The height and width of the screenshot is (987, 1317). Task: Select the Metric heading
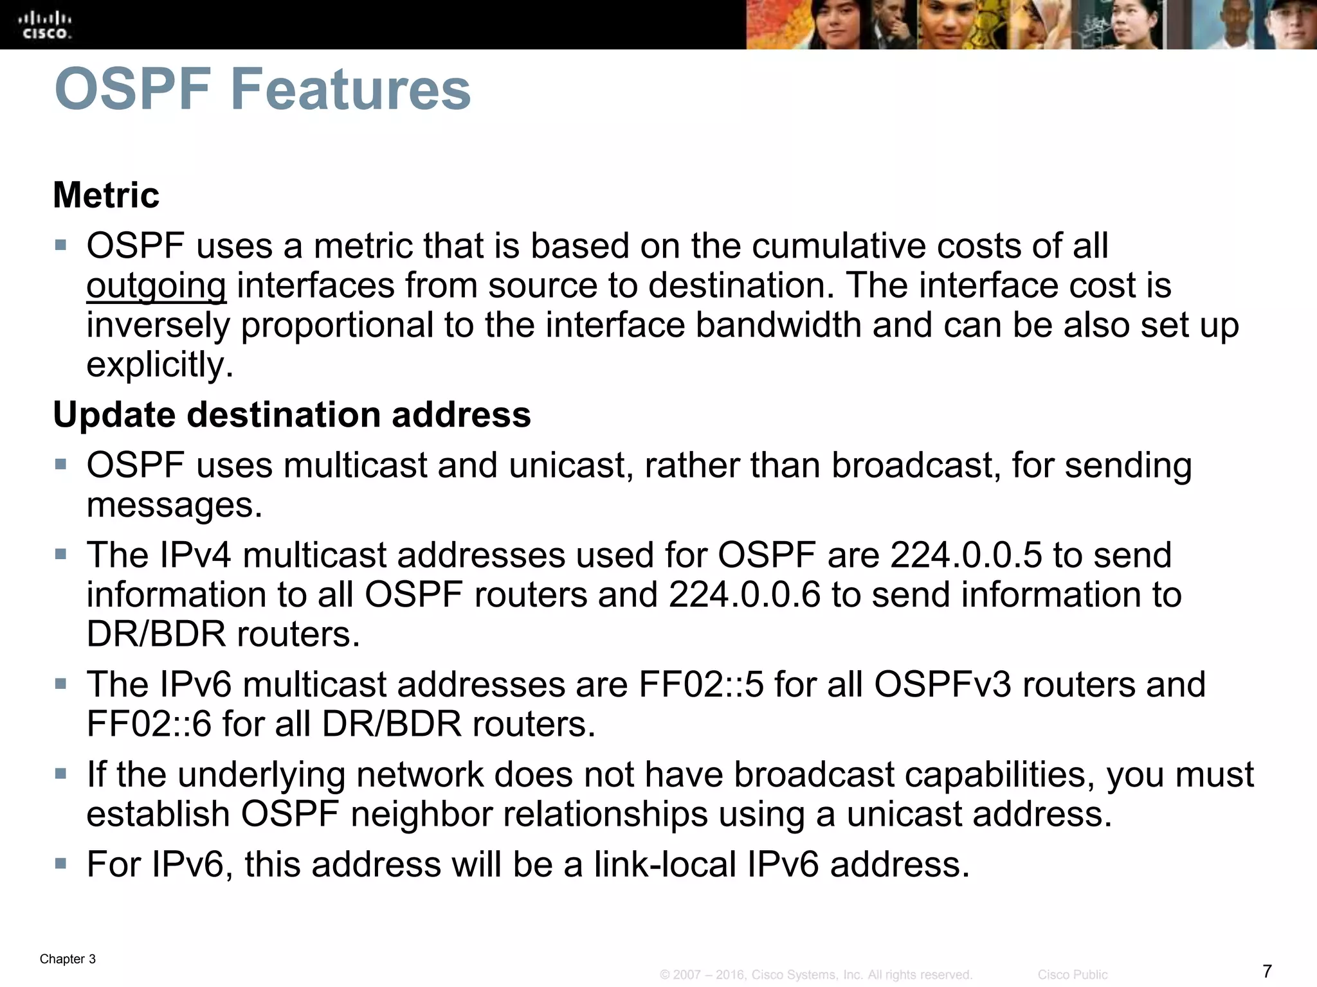tap(106, 195)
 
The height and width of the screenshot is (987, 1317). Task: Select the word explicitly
tap(159, 365)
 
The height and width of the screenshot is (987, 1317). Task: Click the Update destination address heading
tap(292, 414)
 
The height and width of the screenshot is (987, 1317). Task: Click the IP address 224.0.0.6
tap(745, 595)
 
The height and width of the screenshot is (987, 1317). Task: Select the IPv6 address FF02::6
tap(149, 724)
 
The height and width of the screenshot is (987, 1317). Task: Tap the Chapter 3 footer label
tap(68, 959)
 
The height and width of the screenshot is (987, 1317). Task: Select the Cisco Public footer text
tap(1072, 975)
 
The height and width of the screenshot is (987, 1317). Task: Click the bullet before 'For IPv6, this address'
tap(61, 862)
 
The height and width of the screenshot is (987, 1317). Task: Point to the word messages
tap(174, 505)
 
